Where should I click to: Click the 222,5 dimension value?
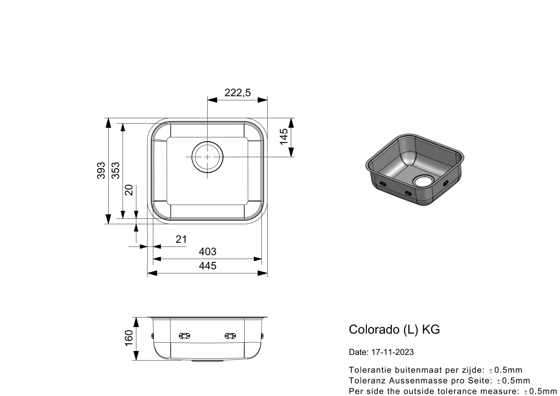238,93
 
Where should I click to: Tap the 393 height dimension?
101,171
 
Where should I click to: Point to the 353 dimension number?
115,171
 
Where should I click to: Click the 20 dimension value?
129,190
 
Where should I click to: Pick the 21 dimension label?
181,239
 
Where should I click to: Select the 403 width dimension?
208,252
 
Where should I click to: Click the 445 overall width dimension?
208,266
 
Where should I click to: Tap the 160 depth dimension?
128,338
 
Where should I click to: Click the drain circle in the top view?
208,157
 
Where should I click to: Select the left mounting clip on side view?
185,336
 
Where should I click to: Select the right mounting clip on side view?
230,336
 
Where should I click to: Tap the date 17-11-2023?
392,352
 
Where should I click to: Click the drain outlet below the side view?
207,361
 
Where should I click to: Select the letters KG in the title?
431,329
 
